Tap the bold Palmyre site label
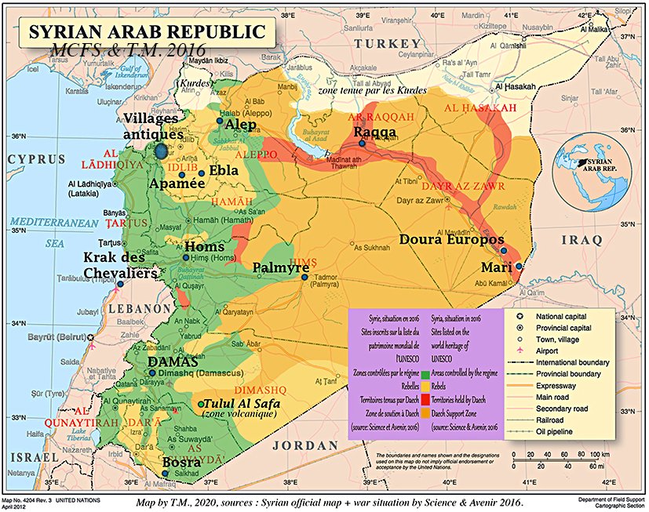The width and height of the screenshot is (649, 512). (280, 268)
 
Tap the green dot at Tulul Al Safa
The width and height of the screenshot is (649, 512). (201, 404)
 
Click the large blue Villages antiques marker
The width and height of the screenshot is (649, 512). (162, 151)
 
